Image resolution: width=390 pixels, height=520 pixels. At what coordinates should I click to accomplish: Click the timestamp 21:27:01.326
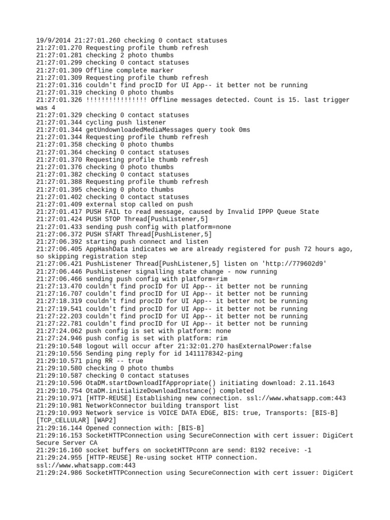pyautogui.click(x=59, y=100)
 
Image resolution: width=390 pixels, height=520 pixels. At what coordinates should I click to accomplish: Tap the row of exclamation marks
pyautogui.click(x=116, y=100)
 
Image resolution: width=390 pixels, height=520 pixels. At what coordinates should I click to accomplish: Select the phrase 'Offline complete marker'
pyautogui.click(x=129, y=70)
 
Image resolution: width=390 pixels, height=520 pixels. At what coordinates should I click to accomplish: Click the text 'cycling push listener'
pyautogui.click(x=126, y=122)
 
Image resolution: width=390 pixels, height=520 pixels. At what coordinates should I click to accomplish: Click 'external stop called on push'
pyautogui.click(x=139, y=205)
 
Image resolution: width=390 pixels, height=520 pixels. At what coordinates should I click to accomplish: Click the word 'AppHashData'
pyautogui.click(x=107, y=249)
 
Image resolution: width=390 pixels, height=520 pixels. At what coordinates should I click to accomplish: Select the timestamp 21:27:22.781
pyautogui.click(x=59, y=324)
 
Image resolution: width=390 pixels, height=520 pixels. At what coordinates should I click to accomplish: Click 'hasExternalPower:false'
pyautogui.click(x=284, y=346)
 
